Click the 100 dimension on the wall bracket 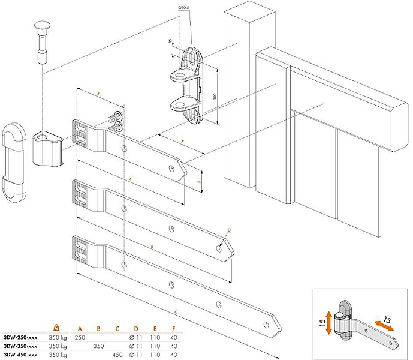click(x=212, y=97)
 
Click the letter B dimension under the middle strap click(x=153, y=246)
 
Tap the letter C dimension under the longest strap click(x=175, y=312)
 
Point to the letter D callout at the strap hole click(x=228, y=230)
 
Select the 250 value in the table click(x=80, y=338)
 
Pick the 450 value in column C click(x=118, y=355)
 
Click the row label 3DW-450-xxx click(x=20, y=355)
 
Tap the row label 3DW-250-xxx click(x=20, y=338)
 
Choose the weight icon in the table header click(x=56, y=328)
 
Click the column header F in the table click(x=173, y=329)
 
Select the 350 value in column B click(x=99, y=346)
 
